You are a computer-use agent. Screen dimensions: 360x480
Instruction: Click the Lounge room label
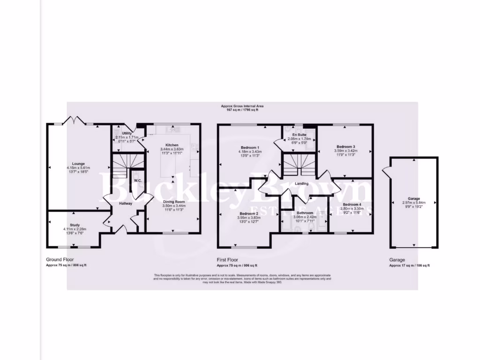tap(72, 164)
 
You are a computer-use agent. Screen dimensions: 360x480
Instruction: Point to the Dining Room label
tap(173, 202)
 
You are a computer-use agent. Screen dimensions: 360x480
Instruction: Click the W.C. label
tap(138, 180)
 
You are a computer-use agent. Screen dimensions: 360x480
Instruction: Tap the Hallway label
tap(126, 203)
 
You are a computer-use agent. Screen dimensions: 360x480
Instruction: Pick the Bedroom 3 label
tap(345, 147)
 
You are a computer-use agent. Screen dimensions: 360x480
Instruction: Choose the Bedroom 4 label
tap(352, 204)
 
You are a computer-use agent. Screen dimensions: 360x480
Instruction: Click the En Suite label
tap(300, 135)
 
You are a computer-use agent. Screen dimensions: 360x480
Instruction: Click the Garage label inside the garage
tap(413, 198)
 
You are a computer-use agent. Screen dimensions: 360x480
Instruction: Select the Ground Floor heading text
tap(60, 259)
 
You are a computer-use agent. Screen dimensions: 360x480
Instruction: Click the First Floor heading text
tap(228, 259)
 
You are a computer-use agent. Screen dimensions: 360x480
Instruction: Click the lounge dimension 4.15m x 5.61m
tap(72, 168)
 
